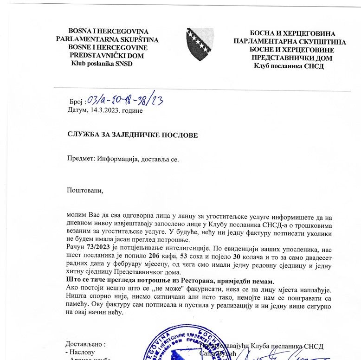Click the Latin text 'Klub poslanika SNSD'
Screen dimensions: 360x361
point(101,64)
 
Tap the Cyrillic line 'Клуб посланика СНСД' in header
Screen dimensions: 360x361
point(289,66)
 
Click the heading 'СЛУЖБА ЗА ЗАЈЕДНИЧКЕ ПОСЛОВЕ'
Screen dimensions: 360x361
point(132,135)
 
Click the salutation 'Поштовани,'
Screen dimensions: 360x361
point(84,190)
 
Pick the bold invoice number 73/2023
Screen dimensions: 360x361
point(97,248)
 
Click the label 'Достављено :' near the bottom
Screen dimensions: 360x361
point(86,345)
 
